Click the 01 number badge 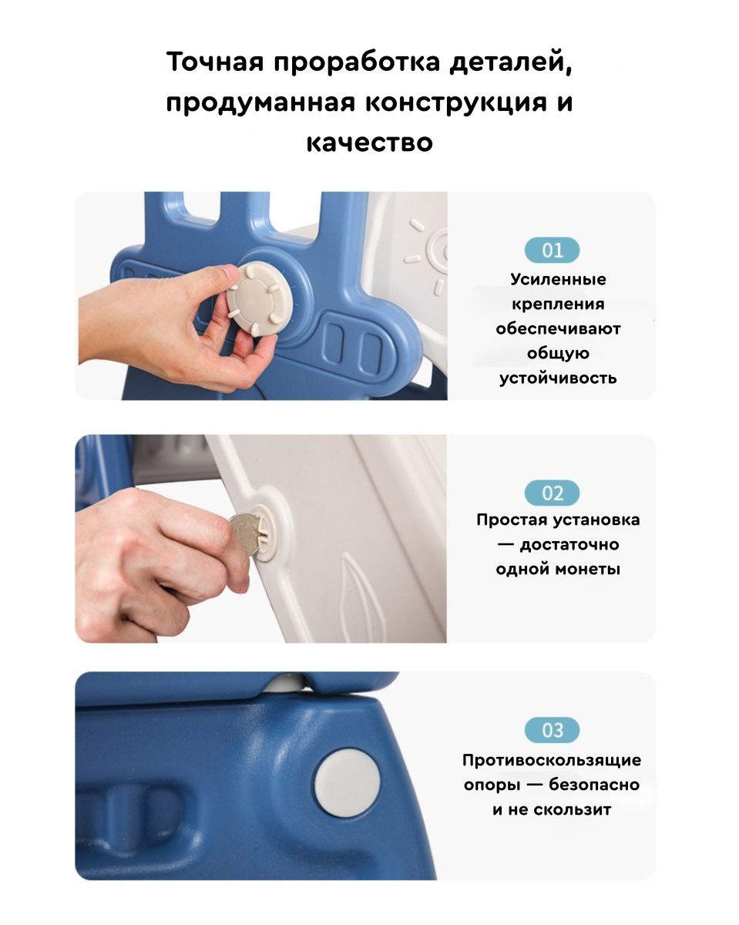tap(552, 250)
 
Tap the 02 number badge tap(552, 493)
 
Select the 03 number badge tap(552, 730)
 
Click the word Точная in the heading tap(215, 62)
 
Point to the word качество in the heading tap(370, 143)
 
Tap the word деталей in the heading tap(511, 62)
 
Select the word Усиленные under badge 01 tap(558, 279)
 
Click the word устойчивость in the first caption tap(558, 378)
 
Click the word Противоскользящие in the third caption tap(552, 760)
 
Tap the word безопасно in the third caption tap(594, 785)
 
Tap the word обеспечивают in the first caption tap(558, 329)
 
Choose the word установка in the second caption tap(596, 520)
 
